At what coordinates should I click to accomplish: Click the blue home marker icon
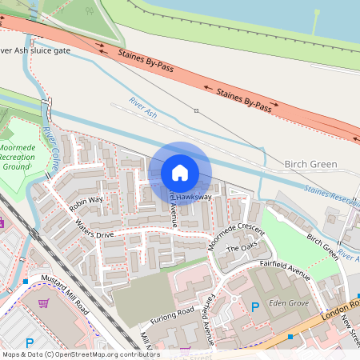(x=180, y=173)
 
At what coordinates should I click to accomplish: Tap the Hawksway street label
(x=194, y=196)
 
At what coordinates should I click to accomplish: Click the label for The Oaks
(x=244, y=249)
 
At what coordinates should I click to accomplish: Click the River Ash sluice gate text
(x=36, y=50)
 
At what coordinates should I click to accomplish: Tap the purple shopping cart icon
(x=43, y=303)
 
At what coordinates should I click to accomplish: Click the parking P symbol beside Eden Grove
(x=255, y=307)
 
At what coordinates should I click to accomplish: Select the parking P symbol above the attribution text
(x=30, y=342)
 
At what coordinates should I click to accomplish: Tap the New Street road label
(x=349, y=329)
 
